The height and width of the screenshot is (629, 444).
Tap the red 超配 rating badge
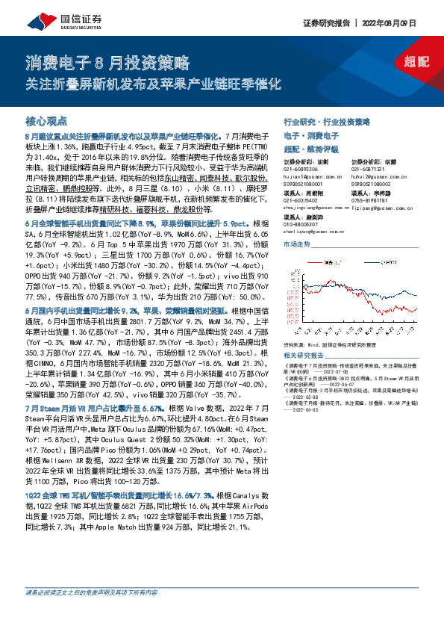419,65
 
